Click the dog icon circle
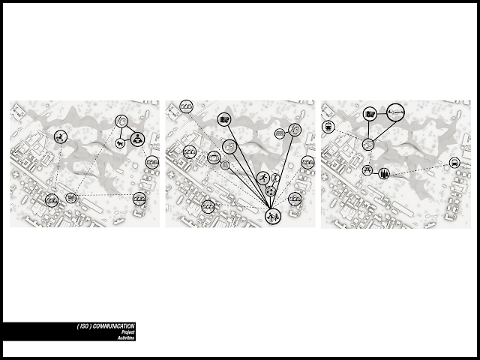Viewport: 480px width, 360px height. pyautogui.click(x=120, y=143)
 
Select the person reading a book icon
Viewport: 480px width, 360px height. pyautogui.click(x=137, y=139)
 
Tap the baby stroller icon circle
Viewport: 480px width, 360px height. pyautogui.click(x=61, y=136)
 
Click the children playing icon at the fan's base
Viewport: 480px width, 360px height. pyautogui.click(x=273, y=216)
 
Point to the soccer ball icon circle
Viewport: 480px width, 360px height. pyautogui.click(x=270, y=192)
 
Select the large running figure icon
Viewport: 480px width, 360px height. pyautogui.click(x=263, y=178)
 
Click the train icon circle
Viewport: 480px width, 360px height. pyautogui.click(x=328, y=127)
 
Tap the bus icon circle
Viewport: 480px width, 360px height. pyautogui.click(x=454, y=163)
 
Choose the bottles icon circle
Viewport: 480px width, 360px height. pyautogui.click(x=384, y=174)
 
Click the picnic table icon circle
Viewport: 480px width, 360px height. pyautogui.click(x=367, y=170)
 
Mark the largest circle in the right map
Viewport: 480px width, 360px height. pyautogui.click(x=395, y=112)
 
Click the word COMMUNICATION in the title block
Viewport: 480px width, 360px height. pyautogui.click(x=113, y=326)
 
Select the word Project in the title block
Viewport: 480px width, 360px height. pyautogui.click(x=128, y=332)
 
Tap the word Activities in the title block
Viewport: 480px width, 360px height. pyautogui.click(x=126, y=338)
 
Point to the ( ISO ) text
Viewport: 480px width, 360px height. pyautogui.click(x=84, y=326)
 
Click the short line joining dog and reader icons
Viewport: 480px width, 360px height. pyautogui.click(x=127, y=141)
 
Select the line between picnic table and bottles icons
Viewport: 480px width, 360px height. pyautogui.click(x=375, y=172)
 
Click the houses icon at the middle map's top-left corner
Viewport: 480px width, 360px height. pyautogui.click(x=187, y=106)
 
